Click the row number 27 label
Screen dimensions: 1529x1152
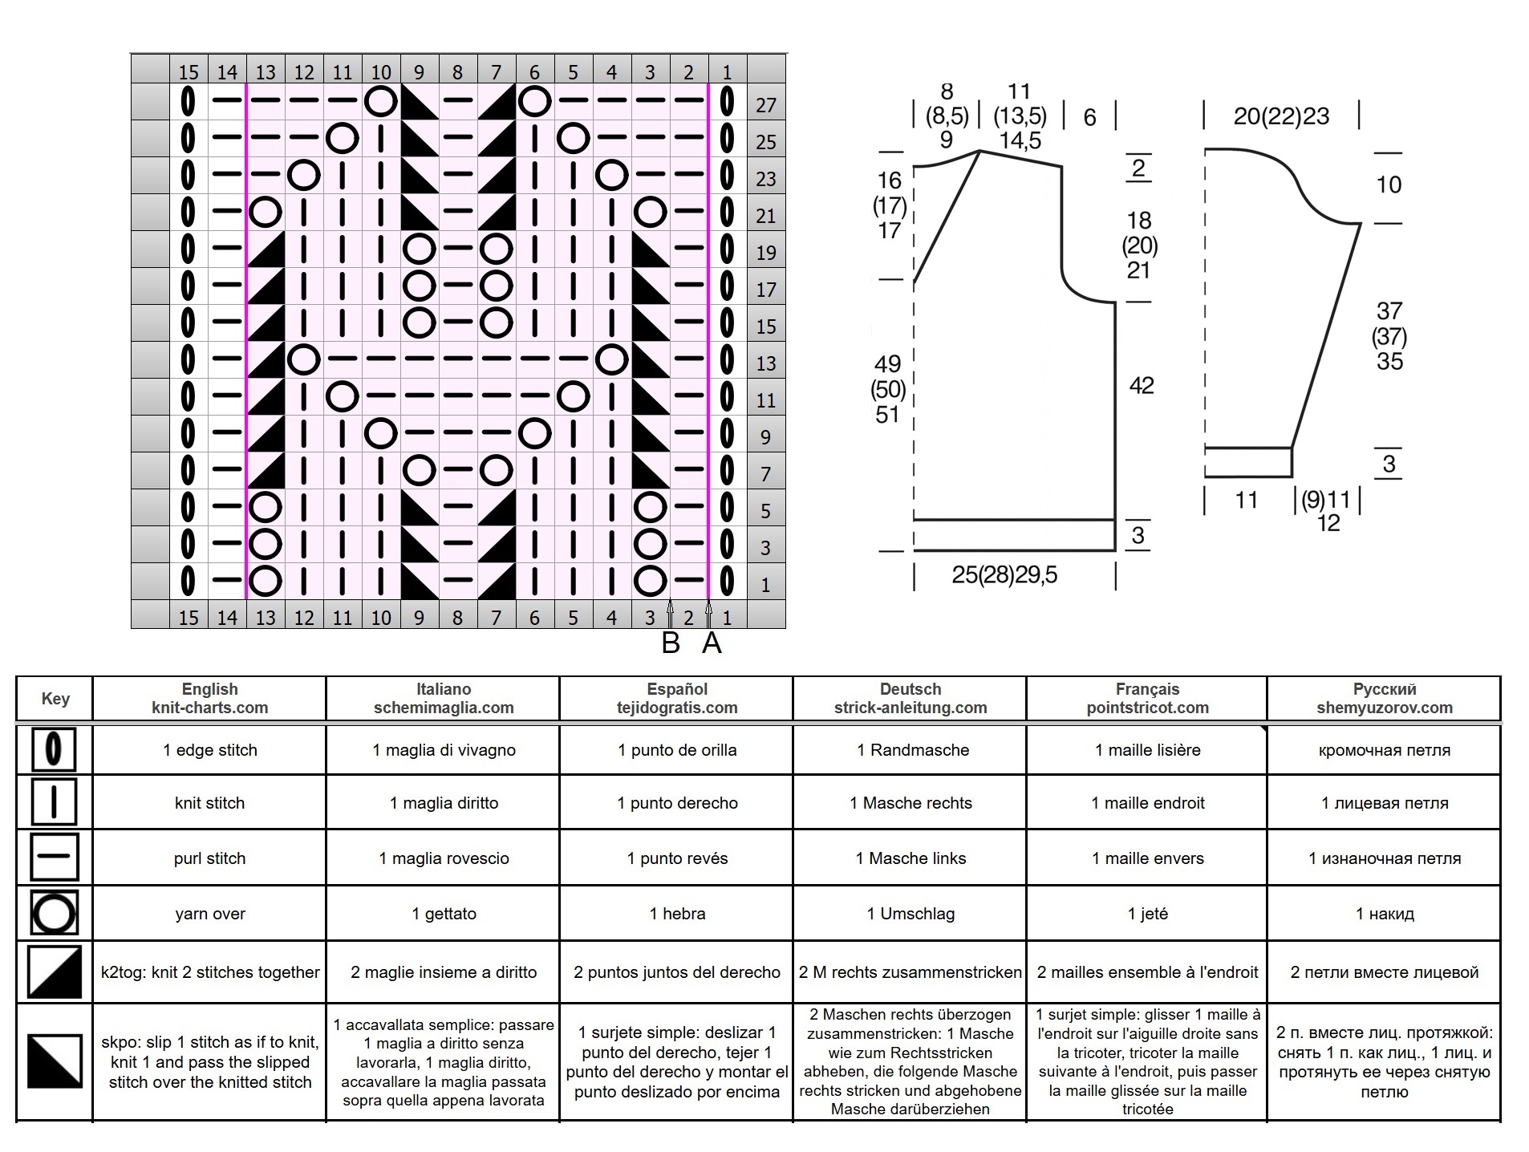(766, 105)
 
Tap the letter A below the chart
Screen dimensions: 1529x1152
(712, 643)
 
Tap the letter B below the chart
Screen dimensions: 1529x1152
(671, 643)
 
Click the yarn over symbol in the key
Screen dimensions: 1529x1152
(54, 913)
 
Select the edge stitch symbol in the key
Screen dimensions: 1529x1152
(54, 749)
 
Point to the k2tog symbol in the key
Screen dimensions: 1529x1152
(54, 971)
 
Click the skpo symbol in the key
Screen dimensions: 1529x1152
(55, 1061)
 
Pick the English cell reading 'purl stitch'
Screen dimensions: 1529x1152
(209, 858)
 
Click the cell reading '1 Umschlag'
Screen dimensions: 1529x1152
(911, 914)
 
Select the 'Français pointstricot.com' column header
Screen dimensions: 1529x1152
(1147, 698)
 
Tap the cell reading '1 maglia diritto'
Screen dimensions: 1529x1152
(444, 803)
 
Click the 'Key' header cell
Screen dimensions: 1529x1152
(55, 699)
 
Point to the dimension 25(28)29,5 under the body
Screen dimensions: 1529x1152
(1004, 574)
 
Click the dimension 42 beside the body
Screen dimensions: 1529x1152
(1142, 386)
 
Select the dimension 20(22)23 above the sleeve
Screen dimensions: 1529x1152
(1281, 116)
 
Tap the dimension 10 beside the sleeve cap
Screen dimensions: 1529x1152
(1389, 185)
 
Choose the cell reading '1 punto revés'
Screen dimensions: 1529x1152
(677, 858)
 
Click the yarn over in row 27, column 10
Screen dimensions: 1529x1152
(381, 102)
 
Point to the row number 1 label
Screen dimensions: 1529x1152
(766, 585)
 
